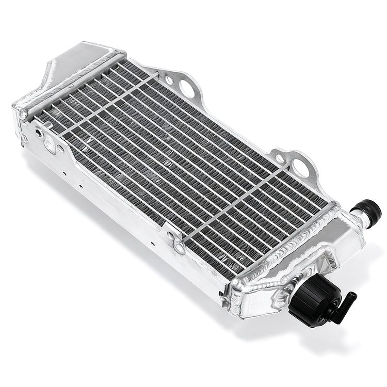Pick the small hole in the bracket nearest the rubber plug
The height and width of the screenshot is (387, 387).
(280, 157)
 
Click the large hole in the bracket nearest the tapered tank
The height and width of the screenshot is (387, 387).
(187, 88)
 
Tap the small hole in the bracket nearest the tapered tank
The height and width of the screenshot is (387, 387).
(169, 80)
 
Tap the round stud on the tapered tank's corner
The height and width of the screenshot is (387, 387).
(23, 115)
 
